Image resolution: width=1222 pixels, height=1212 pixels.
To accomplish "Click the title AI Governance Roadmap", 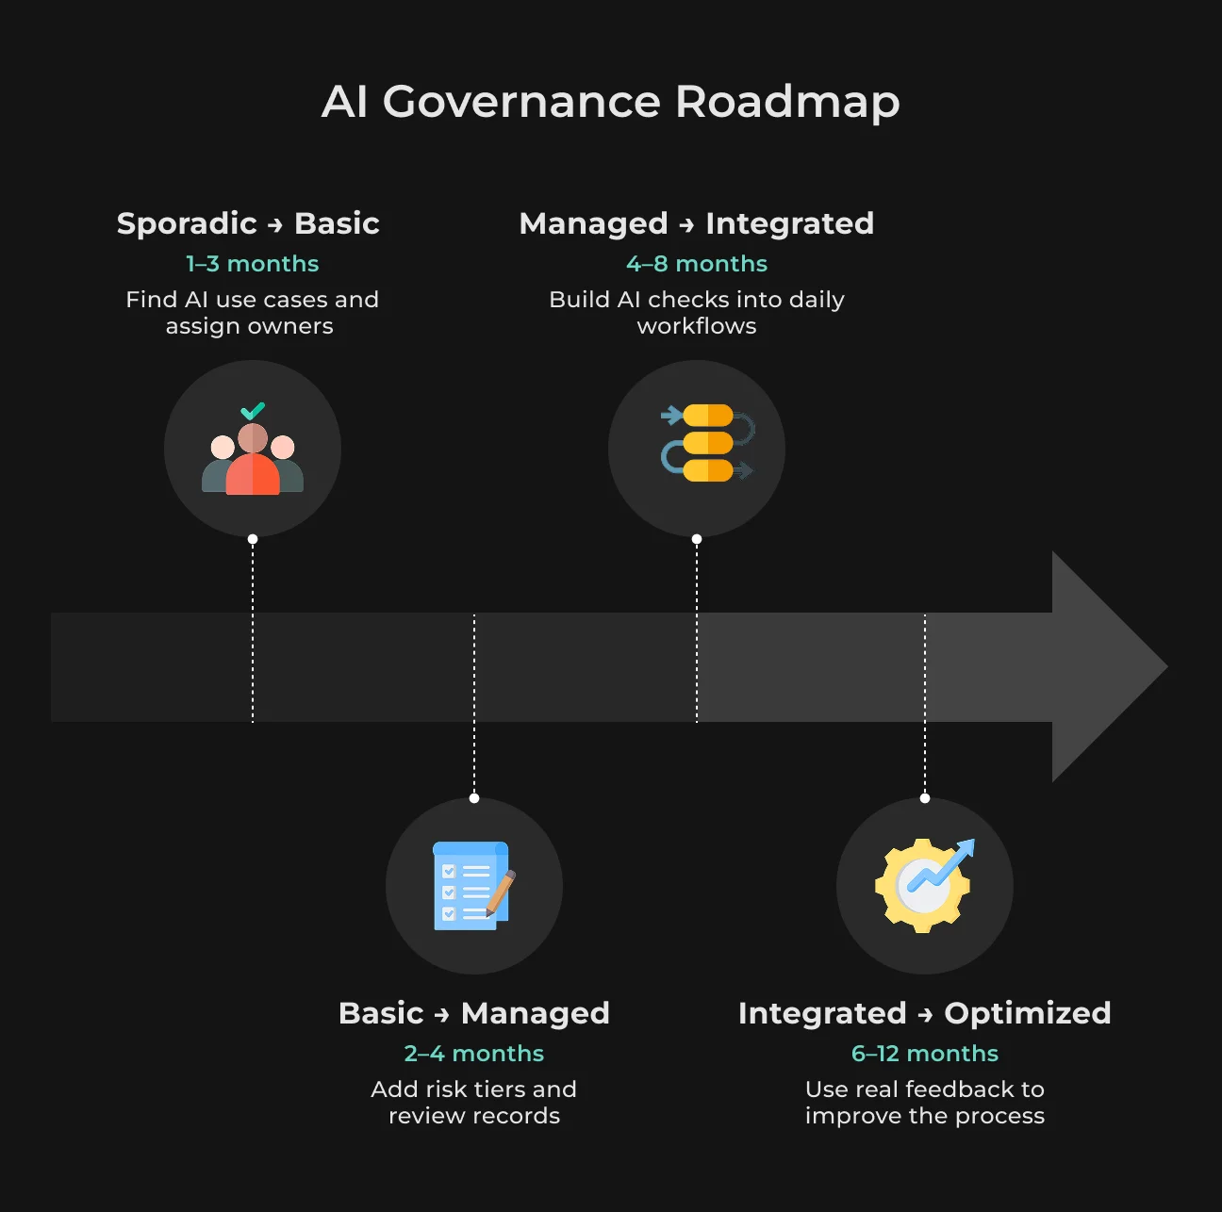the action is click(611, 102).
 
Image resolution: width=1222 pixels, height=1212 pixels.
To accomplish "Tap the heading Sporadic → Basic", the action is click(248, 223).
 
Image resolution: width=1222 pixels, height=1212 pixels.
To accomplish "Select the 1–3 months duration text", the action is click(253, 264).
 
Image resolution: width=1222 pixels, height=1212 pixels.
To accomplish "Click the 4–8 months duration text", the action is click(696, 264).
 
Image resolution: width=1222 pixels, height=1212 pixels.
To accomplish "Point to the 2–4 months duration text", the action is click(473, 1054).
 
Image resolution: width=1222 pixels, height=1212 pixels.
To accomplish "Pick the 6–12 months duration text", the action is click(925, 1054).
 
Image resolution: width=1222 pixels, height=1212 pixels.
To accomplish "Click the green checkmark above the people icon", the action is click(253, 411).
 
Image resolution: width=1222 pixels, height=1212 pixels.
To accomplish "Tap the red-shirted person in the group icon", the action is click(253, 459).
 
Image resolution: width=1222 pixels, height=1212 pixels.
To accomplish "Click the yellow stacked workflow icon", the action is click(708, 442).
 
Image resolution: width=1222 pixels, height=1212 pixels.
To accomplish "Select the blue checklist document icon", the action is click(471, 886).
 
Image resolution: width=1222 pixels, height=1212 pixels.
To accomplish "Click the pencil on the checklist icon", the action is click(501, 893).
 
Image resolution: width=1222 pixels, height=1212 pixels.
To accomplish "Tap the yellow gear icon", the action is click(922, 886).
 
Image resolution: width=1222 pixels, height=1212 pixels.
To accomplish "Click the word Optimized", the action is click(1028, 1013).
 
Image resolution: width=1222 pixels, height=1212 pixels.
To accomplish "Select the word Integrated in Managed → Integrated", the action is click(789, 223).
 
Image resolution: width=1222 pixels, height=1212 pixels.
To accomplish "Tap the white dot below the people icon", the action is click(253, 539).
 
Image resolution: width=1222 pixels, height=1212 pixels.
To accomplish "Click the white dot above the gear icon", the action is click(925, 798).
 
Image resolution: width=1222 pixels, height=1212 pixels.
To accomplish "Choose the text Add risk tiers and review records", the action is click(473, 1103).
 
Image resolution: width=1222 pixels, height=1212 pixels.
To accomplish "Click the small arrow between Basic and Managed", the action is click(442, 1015).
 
